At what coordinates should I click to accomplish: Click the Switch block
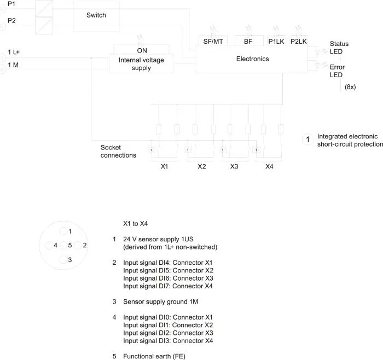(x=96, y=16)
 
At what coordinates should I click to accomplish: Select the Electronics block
(x=252, y=59)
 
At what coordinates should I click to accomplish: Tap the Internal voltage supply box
(x=141, y=64)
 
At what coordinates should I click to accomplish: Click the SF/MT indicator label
(x=213, y=42)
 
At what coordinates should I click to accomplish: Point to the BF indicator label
(x=248, y=42)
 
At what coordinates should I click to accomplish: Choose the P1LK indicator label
(x=276, y=42)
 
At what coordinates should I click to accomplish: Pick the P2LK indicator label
(x=299, y=42)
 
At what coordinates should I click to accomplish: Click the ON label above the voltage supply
(x=142, y=50)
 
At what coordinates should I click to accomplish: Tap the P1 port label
(x=11, y=4)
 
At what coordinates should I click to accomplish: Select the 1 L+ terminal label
(x=14, y=52)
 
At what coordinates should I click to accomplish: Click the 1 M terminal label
(x=13, y=65)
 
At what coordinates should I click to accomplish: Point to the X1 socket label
(x=164, y=166)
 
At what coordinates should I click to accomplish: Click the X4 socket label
(x=269, y=166)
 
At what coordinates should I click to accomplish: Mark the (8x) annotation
(x=350, y=87)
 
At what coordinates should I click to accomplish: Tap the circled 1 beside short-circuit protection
(x=307, y=140)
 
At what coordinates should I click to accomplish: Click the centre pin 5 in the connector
(x=63, y=246)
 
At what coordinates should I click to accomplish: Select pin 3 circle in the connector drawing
(x=63, y=260)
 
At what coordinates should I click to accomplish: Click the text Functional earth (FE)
(x=154, y=356)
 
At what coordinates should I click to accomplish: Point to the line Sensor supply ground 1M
(x=160, y=301)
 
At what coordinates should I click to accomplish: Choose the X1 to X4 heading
(x=135, y=223)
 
